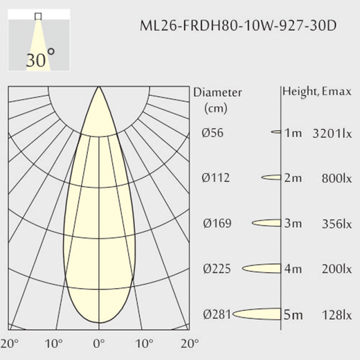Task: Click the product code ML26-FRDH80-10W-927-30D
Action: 238,26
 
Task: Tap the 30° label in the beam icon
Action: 41,58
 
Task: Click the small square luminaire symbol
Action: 38,16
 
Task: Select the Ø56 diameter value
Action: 213,133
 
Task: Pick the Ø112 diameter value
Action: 216,178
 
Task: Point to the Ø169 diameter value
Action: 217,224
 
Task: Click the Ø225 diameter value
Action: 217,269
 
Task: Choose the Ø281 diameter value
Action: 217,314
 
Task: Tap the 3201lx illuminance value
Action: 332,134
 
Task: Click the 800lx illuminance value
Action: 336,179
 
